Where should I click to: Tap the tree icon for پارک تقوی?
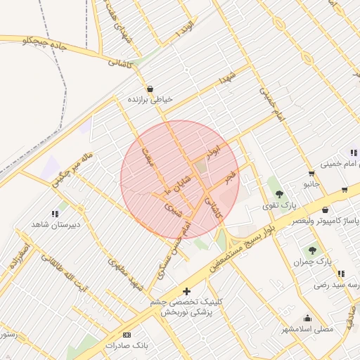280,193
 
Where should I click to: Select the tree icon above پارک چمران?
311,250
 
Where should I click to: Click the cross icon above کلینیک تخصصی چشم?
186,291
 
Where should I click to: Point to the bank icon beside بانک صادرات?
127,335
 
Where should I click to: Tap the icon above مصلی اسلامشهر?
307,318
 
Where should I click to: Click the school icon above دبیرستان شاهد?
55,214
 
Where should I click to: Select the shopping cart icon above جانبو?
311,173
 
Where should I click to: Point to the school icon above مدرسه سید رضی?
340,274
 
